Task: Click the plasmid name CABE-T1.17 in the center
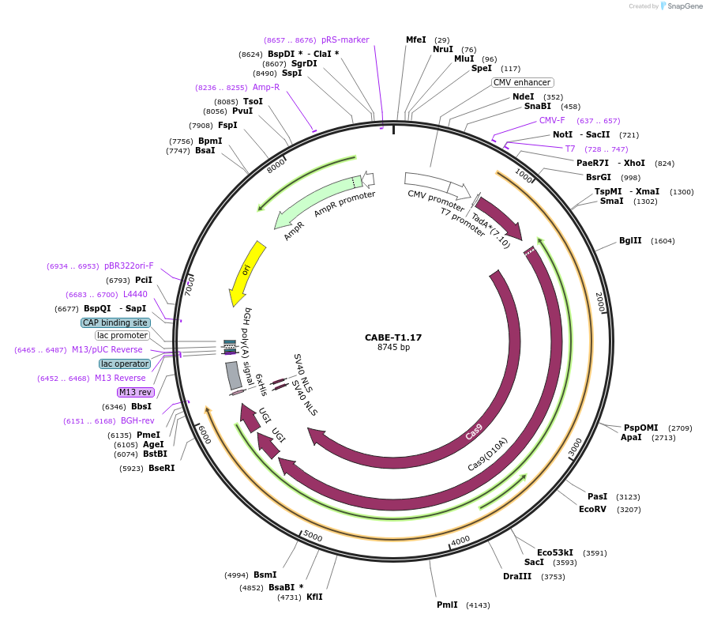pos(392,337)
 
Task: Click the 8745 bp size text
pos(392,348)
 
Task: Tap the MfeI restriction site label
pos(415,40)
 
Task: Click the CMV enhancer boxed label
pos(522,82)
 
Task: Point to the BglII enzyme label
pos(630,240)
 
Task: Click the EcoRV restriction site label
pos(592,509)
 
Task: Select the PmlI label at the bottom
pos(447,605)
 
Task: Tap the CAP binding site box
pos(115,322)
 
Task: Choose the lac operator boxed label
pos(125,364)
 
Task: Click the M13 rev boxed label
pos(134,392)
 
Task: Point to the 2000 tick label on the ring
pos(599,302)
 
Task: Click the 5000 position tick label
pos(313,537)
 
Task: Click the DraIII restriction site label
pos(517,576)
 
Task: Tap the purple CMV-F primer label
pos(552,121)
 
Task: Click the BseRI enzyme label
pos(161,468)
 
